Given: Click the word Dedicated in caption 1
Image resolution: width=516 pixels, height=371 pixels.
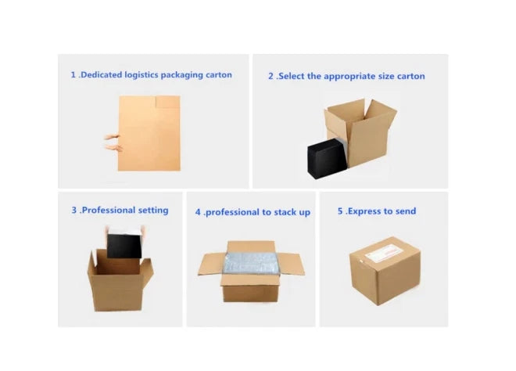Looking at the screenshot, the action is pyautogui.click(x=102, y=75).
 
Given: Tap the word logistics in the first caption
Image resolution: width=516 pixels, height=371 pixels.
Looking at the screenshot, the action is pyautogui.click(x=142, y=75).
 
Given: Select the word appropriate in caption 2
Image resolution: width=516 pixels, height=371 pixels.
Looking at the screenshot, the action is pyautogui.click(x=349, y=77).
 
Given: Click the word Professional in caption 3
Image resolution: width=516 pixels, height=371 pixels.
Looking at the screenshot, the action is pyautogui.click(x=108, y=211).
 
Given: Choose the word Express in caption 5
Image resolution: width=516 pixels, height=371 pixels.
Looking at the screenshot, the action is pyautogui.click(x=364, y=211).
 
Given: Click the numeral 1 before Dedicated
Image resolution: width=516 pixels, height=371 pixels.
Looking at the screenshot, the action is pyautogui.click(x=73, y=75).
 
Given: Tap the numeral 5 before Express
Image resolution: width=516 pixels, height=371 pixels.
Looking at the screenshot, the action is pyautogui.click(x=340, y=211).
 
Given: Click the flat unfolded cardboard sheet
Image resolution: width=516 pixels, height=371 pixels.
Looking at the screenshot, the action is pyautogui.click(x=149, y=133).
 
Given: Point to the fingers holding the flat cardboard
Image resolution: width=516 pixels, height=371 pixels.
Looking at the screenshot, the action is pyautogui.click(x=113, y=142).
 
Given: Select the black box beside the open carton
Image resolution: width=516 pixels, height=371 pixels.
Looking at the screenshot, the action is pyautogui.click(x=327, y=158).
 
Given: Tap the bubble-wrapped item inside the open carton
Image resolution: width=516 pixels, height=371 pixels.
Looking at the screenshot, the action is pyautogui.click(x=251, y=263).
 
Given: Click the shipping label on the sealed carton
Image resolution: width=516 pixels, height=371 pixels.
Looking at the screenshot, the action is pyautogui.click(x=385, y=254).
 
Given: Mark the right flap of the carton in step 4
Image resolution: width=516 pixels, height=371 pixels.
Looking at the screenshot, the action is pyautogui.click(x=292, y=264).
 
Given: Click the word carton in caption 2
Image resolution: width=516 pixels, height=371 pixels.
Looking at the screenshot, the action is pyautogui.click(x=411, y=77).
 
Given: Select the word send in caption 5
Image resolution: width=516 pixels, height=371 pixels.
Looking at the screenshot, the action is pyautogui.click(x=406, y=211).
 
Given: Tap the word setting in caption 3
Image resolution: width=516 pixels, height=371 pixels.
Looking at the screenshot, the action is pyautogui.click(x=153, y=211).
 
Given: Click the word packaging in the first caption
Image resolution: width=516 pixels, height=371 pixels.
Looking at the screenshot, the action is pyautogui.click(x=182, y=75).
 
